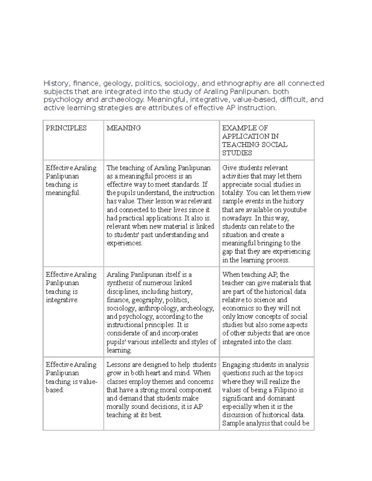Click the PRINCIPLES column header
[x=66, y=128]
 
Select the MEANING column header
[x=124, y=128]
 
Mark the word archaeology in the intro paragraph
[x=122, y=99]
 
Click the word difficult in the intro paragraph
[x=294, y=99]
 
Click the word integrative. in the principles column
[x=62, y=300]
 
